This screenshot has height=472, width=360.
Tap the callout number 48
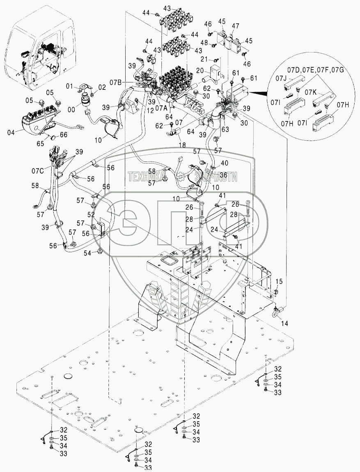click(204, 42)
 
